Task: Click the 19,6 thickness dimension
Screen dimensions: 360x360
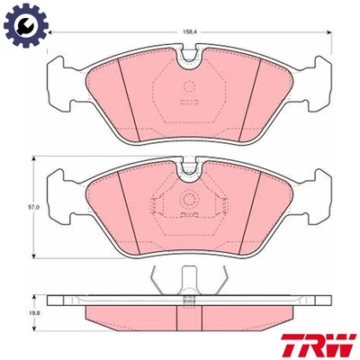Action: coord(35,312)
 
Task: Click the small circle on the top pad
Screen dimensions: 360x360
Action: coord(189,88)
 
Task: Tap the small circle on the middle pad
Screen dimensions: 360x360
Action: coord(189,200)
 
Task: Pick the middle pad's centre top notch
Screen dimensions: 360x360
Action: coord(189,167)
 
